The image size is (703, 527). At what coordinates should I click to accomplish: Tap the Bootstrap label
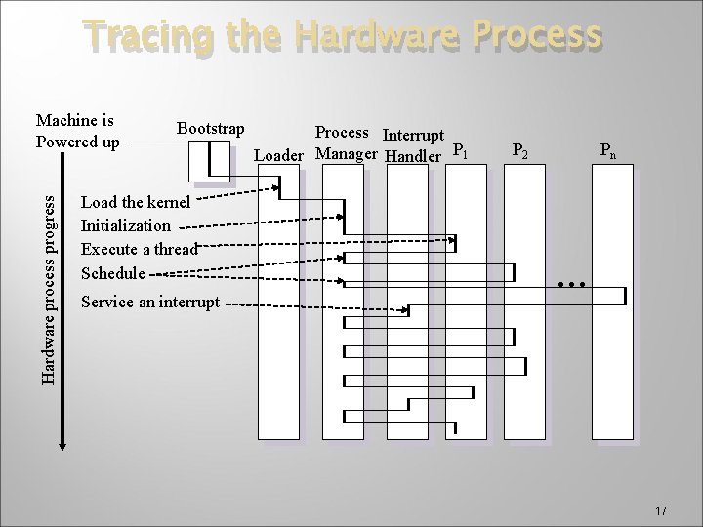(210, 128)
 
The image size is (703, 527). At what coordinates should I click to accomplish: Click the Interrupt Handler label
(414, 144)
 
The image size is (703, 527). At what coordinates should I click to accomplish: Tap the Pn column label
(608, 151)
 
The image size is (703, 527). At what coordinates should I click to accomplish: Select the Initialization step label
(125, 226)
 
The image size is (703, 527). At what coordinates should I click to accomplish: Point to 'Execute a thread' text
(139, 249)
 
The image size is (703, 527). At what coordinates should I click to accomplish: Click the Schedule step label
(113, 272)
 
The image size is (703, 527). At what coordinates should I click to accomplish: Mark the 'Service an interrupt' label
(150, 302)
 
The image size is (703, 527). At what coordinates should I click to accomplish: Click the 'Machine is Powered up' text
(77, 132)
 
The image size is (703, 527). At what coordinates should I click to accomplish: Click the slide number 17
(661, 510)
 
